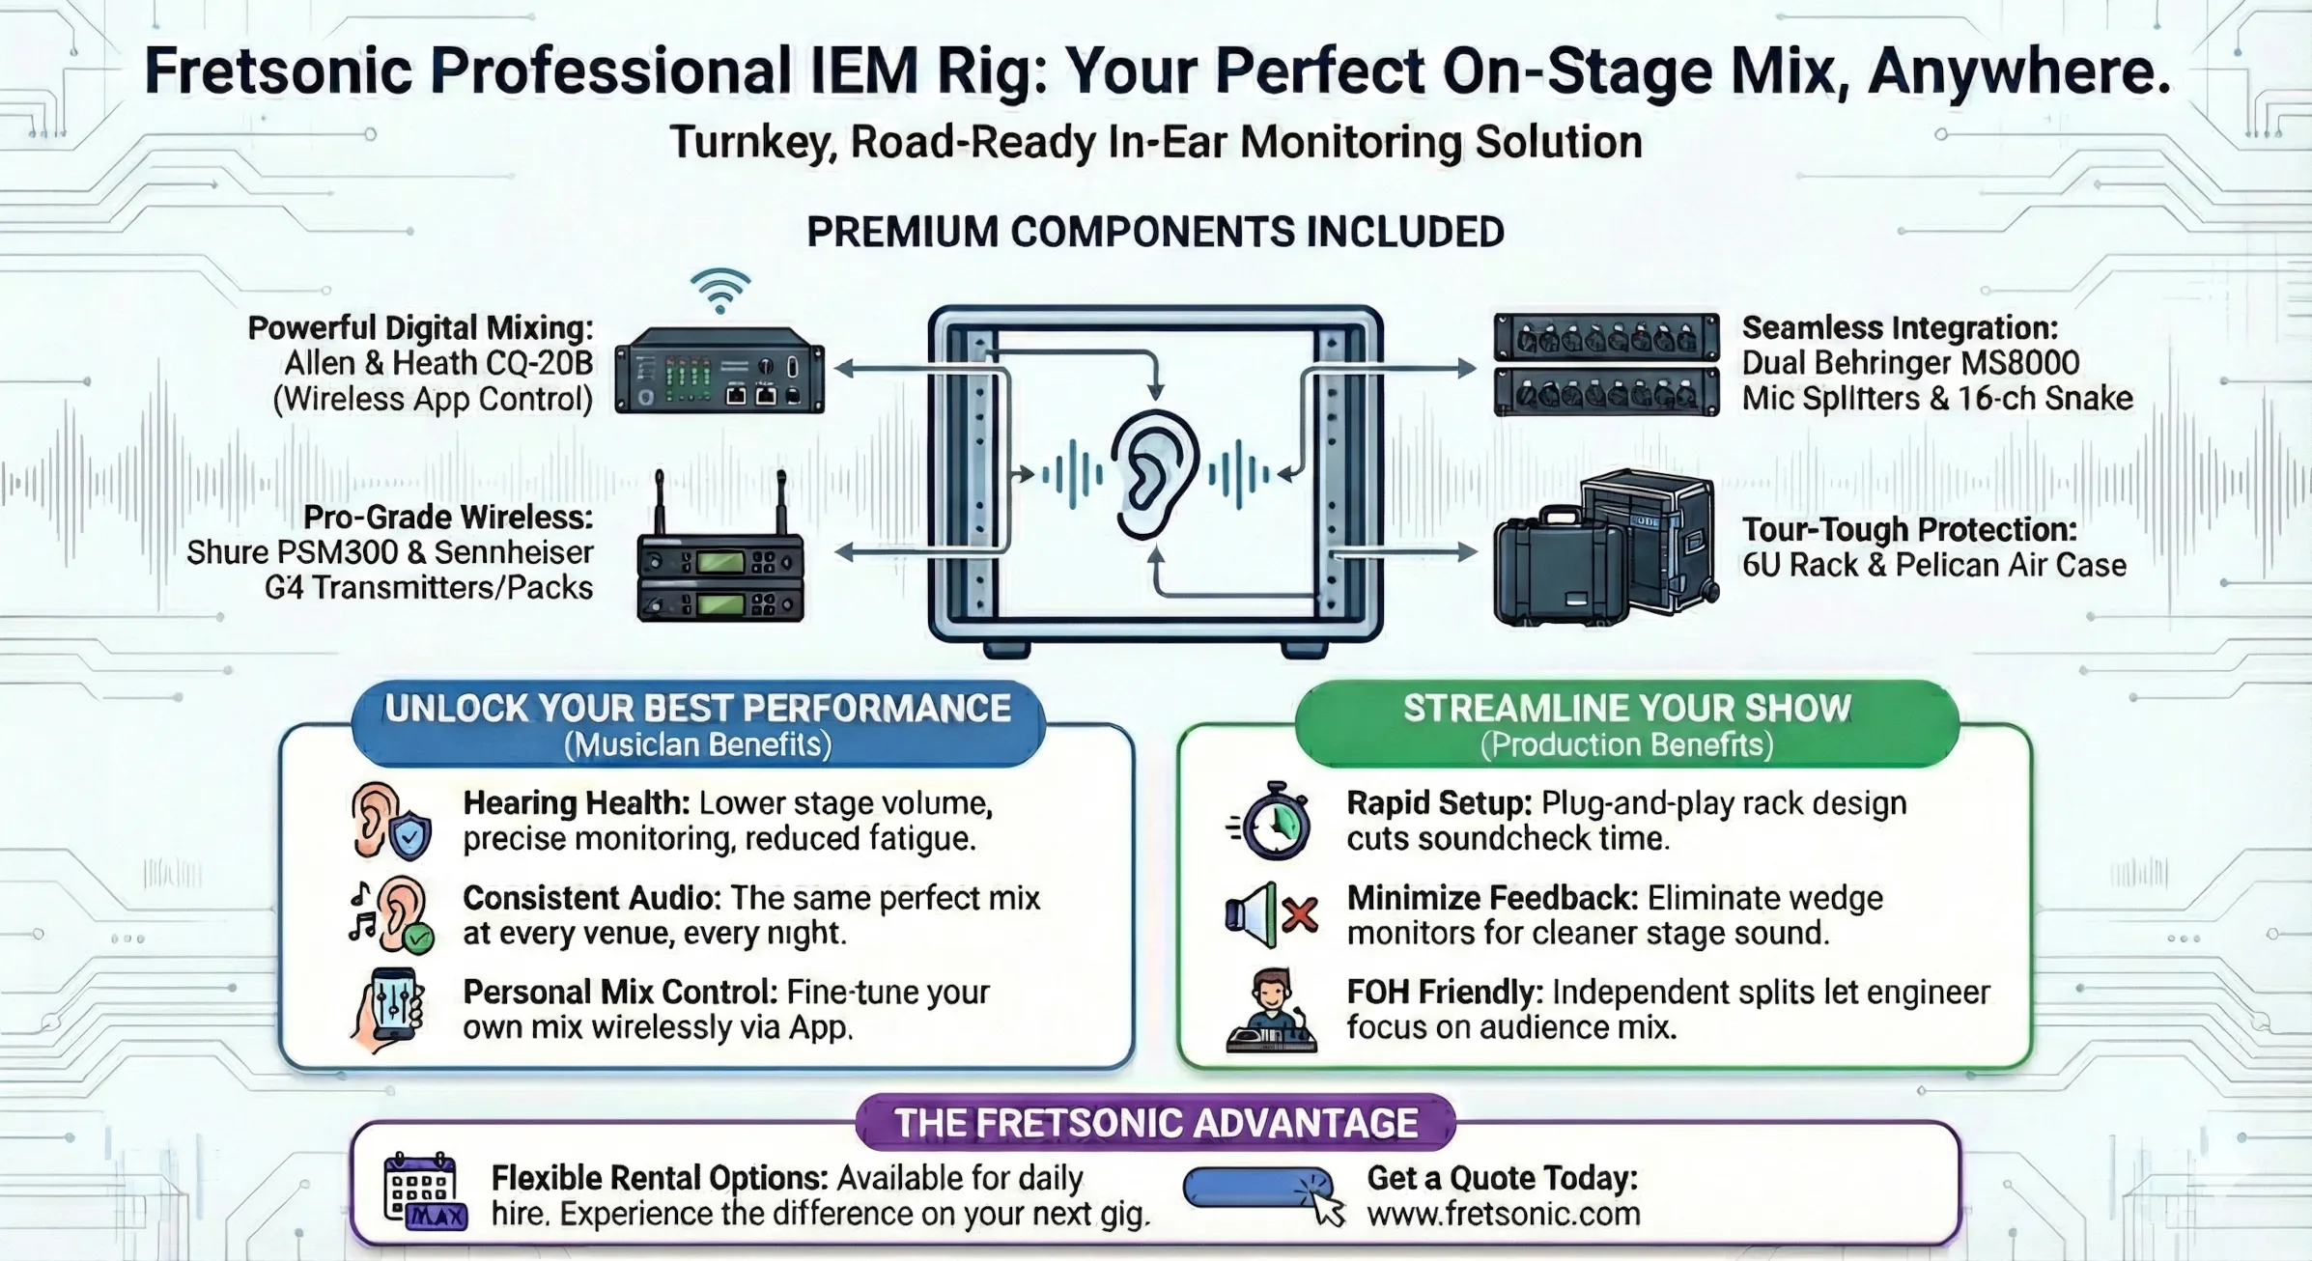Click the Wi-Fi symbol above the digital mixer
(x=720, y=291)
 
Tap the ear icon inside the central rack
(x=1153, y=474)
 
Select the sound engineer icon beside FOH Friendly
(x=1271, y=1011)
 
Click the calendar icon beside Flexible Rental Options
(x=424, y=1191)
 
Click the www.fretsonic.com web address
(x=1503, y=1214)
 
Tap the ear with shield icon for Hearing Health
(x=389, y=821)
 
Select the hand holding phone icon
(x=388, y=1010)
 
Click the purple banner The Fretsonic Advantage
(x=1155, y=1123)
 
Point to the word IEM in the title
(x=864, y=70)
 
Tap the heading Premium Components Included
(x=1155, y=233)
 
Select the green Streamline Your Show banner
(x=1626, y=723)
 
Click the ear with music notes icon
(x=391, y=915)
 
